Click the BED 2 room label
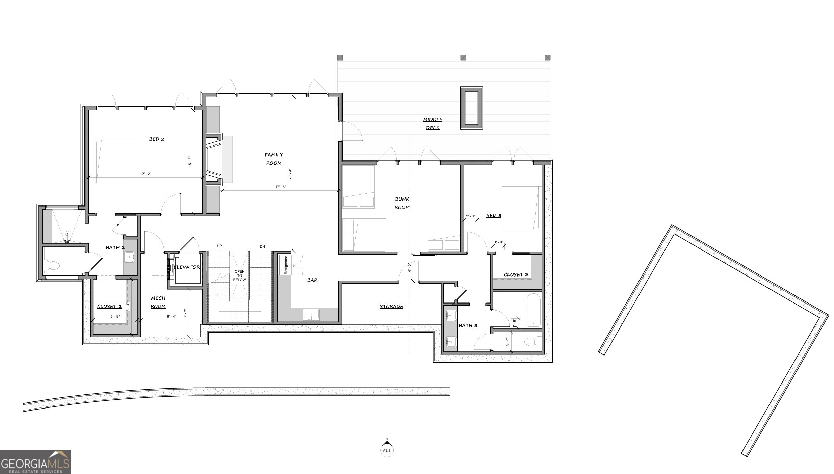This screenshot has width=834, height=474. (157, 139)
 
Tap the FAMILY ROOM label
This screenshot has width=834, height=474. (274, 159)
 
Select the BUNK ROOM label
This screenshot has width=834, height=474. (402, 203)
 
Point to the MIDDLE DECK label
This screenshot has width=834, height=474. (433, 124)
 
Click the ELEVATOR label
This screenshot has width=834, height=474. (186, 267)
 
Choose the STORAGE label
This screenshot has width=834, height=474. (391, 306)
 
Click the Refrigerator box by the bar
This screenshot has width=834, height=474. (284, 265)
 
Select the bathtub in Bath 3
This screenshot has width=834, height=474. (533, 310)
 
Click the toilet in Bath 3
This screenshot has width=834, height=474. (533, 342)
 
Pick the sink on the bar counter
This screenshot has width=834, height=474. (311, 315)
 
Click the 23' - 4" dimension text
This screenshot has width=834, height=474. (290, 174)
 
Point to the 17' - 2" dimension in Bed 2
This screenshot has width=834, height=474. (146, 174)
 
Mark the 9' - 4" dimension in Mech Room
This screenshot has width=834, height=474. (172, 317)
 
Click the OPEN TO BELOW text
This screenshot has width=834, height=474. (240, 275)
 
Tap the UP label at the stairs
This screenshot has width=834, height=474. (219, 246)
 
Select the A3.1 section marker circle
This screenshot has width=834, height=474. (387, 450)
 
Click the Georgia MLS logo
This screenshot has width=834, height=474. (35, 462)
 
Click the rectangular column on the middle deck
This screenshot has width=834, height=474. (471, 108)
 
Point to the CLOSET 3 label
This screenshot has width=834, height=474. (516, 274)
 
